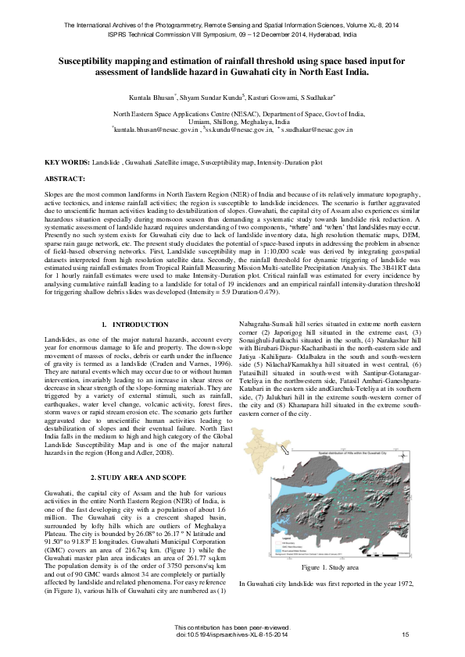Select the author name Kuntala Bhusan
coord(153,98)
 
